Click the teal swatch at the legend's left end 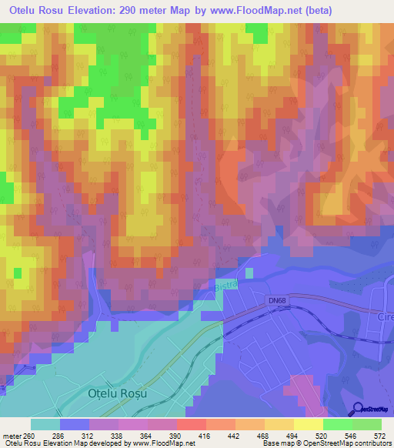click(45, 424)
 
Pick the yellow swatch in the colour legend click(309, 424)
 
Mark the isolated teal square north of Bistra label click(249, 272)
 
